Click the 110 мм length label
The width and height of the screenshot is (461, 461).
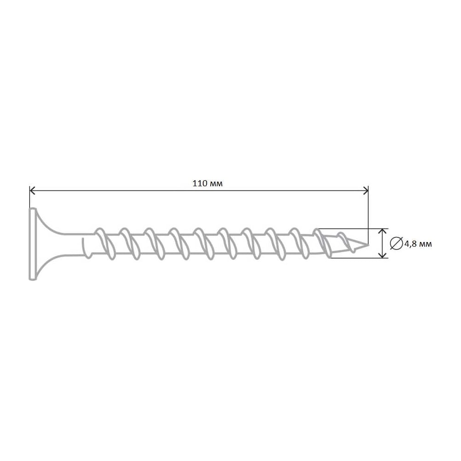[x=207, y=183]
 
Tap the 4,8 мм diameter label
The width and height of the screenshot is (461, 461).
[x=418, y=244]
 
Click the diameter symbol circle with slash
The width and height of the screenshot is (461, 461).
[x=396, y=243]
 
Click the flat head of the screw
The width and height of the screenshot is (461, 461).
[x=32, y=244]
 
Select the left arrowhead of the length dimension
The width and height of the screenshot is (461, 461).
[x=32, y=190]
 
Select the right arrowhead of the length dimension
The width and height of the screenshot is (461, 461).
[x=366, y=190]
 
